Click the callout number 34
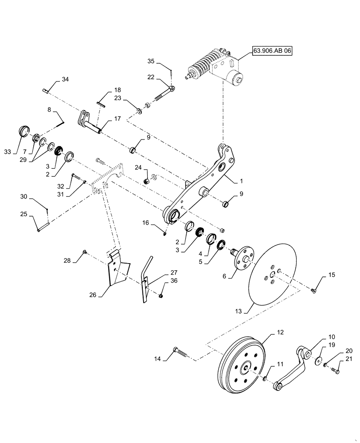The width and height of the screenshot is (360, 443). click(65, 80)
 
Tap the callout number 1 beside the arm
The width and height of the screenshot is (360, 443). click(241, 182)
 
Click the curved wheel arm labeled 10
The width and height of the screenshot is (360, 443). click(293, 365)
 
